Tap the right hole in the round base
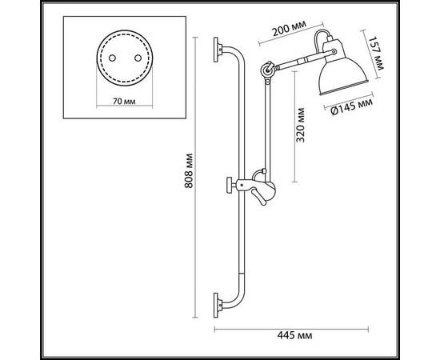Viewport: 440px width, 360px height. (x=137, y=58)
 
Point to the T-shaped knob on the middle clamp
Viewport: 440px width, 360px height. (x=230, y=186)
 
